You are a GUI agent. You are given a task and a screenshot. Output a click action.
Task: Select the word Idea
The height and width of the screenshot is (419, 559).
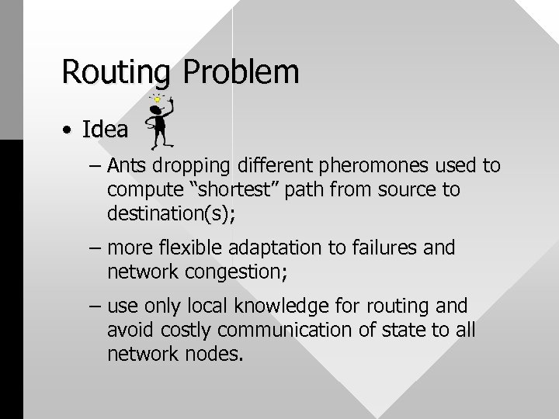pyautogui.click(x=104, y=130)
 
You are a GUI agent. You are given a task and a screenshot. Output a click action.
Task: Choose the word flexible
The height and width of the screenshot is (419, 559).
pyautogui.click(x=184, y=248)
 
